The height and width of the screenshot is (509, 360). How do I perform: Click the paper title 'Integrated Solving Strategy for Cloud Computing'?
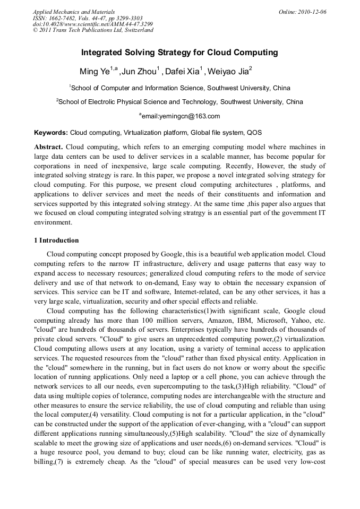pos(179,53)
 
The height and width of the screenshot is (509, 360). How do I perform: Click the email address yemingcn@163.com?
pos(181,116)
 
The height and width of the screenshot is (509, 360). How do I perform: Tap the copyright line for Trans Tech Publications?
pos(93,30)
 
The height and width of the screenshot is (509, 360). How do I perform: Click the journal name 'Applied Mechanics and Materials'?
pos(74,12)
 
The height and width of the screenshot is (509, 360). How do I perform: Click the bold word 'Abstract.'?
pos(49,146)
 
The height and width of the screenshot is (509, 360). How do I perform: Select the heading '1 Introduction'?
pos(56,240)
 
